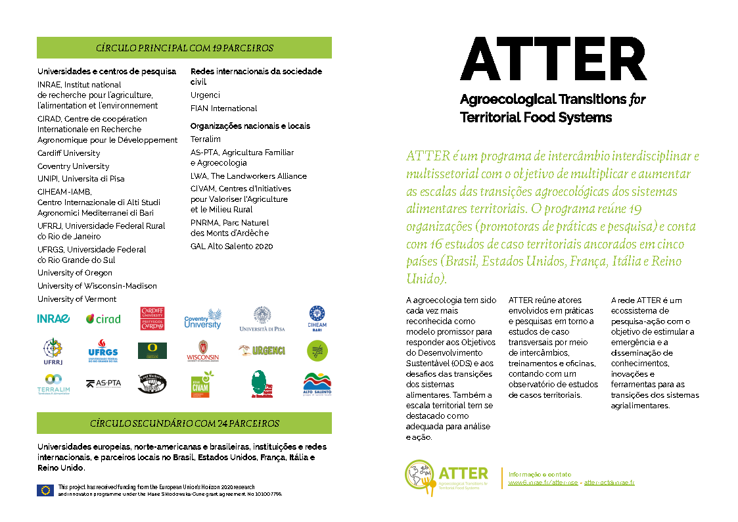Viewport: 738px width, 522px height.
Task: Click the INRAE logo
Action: coord(53,319)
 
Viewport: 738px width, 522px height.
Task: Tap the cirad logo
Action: coord(103,319)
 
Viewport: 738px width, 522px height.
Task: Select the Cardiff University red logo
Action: coord(152,318)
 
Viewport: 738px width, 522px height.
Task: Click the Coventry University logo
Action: coord(202,319)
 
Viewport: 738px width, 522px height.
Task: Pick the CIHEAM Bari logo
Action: coord(317,318)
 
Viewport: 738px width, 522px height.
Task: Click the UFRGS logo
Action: coord(103,351)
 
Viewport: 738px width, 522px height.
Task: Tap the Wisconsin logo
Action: coord(202,351)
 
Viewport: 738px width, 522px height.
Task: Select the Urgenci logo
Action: coord(262,350)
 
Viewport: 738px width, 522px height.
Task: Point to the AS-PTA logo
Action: coord(103,383)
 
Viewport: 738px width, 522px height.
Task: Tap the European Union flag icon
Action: coord(45,489)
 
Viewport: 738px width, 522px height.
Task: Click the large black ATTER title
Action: coord(553,59)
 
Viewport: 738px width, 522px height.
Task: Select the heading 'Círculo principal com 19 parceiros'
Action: coord(184,48)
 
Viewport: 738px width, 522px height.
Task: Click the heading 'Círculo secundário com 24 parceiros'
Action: coord(184,423)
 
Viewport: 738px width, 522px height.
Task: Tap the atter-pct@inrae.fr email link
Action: coord(609,483)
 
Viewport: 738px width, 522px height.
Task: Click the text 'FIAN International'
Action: coord(223,108)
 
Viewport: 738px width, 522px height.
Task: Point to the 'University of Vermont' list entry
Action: coord(77,299)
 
